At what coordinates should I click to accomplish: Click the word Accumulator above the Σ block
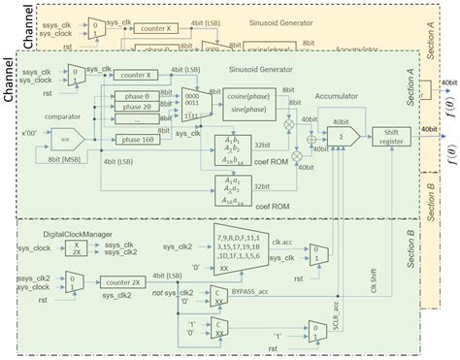pyautogui.click(x=338, y=95)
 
